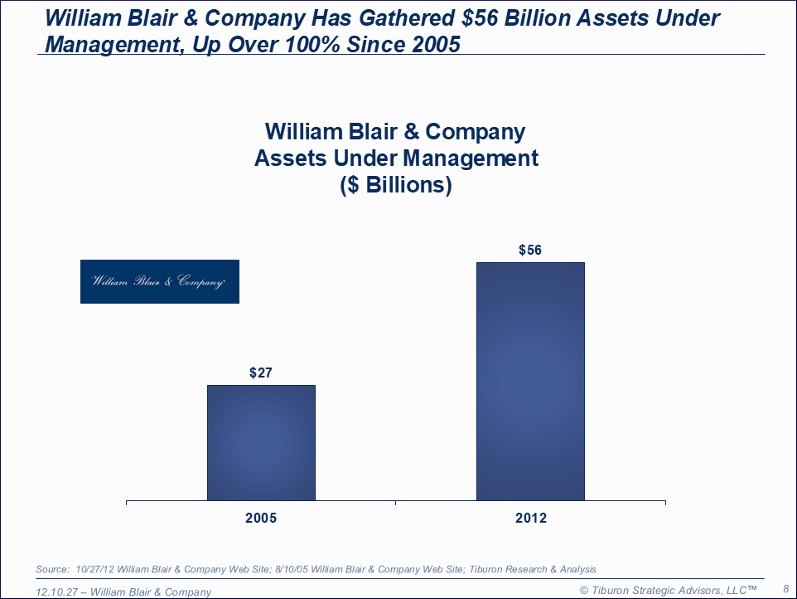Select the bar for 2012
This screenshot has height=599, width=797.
click(x=530, y=381)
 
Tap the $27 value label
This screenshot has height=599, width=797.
click(x=261, y=373)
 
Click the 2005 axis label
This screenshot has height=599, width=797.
click(x=261, y=518)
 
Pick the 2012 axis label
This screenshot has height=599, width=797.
click(x=530, y=518)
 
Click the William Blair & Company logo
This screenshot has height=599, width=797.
click(x=160, y=281)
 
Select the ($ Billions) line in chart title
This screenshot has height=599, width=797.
click(x=396, y=185)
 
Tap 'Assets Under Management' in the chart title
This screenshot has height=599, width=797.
click(x=396, y=158)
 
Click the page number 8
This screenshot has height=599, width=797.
click(x=785, y=588)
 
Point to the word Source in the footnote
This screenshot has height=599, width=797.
click(x=52, y=569)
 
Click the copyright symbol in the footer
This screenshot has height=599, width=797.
click(x=583, y=590)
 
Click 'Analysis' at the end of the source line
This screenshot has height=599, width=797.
click(x=576, y=569)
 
